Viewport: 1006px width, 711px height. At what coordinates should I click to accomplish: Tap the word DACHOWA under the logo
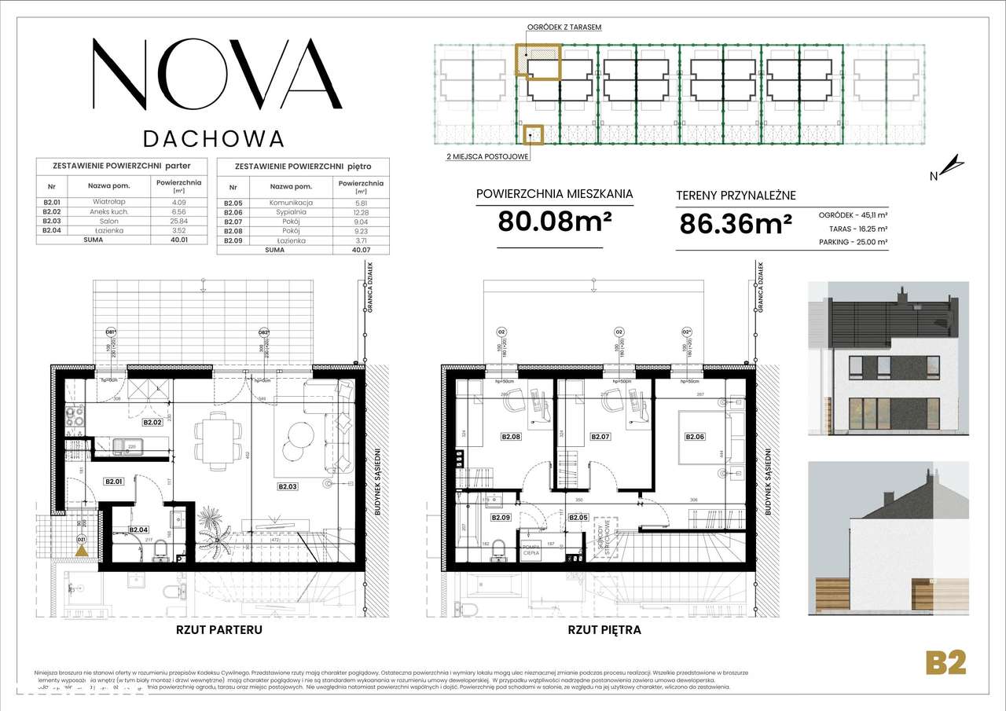tap(213, 138)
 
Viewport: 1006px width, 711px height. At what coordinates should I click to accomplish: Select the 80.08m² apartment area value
tap(555, 223)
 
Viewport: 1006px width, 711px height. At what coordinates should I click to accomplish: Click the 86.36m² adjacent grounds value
tap(735, 225)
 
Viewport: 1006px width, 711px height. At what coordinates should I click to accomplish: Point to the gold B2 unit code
tap(945, 662)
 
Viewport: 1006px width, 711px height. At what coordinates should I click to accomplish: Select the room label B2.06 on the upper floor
tap(695, 437)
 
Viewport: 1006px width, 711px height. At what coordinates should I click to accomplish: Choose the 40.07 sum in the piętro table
tap(361, 249)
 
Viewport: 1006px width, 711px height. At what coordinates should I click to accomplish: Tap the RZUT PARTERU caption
tap(218, 629)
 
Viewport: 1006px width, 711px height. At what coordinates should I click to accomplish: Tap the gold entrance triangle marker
tap(81, 552)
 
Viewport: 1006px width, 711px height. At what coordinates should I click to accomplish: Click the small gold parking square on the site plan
tap(534, 136)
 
